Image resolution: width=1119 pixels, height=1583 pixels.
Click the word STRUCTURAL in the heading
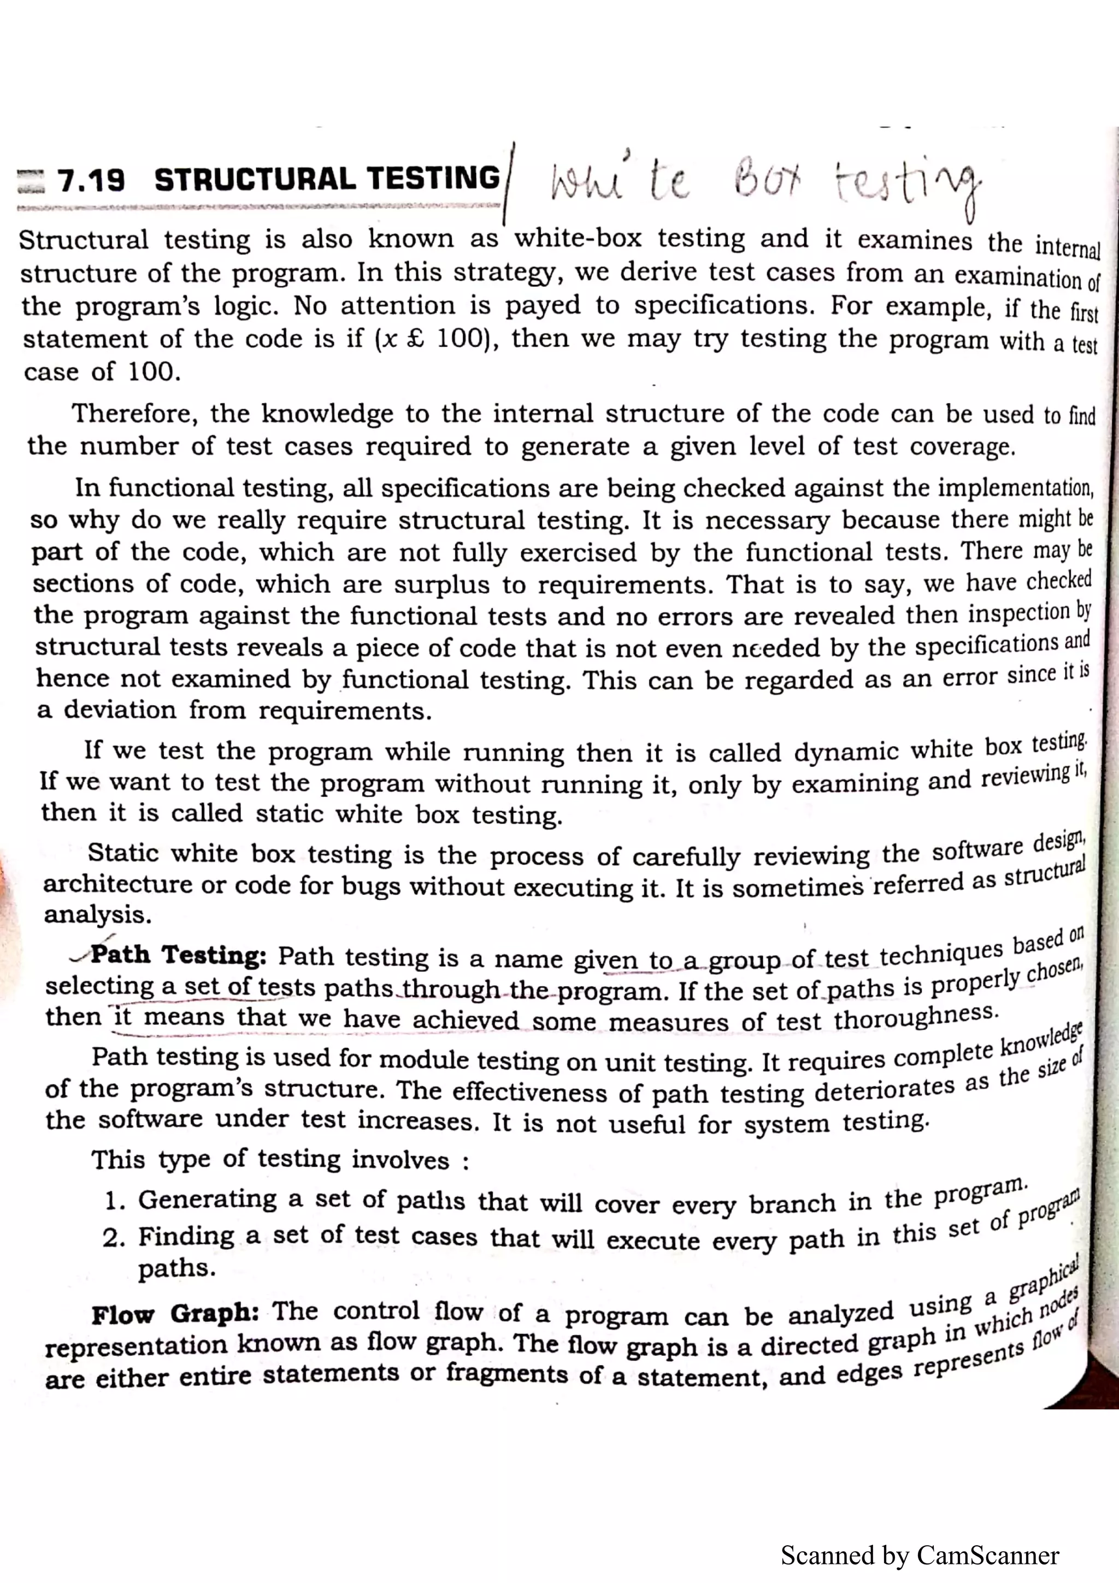tap(255, 179)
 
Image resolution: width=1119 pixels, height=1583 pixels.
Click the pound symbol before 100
tap(415, 340)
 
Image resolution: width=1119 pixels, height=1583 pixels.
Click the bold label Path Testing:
tap(179, 955)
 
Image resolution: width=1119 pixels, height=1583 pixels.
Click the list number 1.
tap(114, 1202)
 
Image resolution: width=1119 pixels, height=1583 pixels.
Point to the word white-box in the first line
tap(578, 239)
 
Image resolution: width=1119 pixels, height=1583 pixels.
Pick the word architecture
tap(117, 884)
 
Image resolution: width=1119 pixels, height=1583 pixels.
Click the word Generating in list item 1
tap(207, 1200)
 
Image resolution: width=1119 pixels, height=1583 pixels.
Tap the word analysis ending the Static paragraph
tap(97, 915)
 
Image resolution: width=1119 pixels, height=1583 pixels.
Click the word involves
tap(401, 1160)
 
